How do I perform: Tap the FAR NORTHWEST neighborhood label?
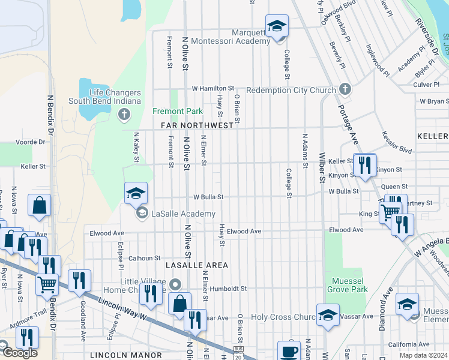click(x=197, y=125)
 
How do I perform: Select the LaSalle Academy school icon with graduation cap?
click(x=136, y=194)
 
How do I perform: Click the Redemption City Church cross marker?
click(x=345, y=89)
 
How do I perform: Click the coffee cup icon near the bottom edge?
click(x=289, y=351)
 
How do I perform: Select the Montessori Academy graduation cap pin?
click(x=277, y=26)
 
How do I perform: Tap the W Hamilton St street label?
click(x=212, y=89)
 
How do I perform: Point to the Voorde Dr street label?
click(x=33, y=142)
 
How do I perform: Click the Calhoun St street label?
click(x=143, y=257)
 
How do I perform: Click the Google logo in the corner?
click(x=20, y=353)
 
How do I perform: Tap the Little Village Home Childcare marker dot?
click(x=175, y=284)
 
